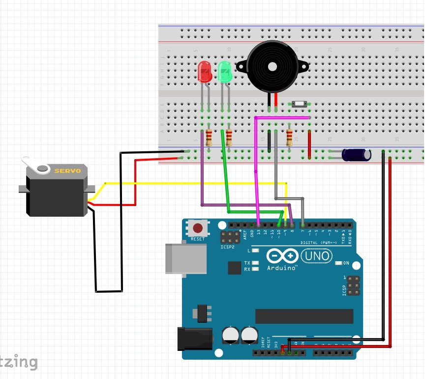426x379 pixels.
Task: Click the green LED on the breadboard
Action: (x=225, y=72)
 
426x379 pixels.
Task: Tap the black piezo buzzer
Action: (x=272, y=67)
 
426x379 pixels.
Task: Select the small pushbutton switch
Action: (x=299, y=104)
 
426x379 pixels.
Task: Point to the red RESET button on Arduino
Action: (x=198, y=229)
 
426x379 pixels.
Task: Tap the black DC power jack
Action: (x=195, y=339)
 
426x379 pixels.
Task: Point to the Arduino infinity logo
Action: (x=282, y=256)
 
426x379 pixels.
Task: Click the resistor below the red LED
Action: (x=209, y=138)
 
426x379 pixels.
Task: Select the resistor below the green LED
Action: (x=229, y=138)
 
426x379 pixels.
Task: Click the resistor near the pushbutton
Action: (x=289, y=137)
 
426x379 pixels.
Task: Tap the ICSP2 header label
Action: (x=228, y=247)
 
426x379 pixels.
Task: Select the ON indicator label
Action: (x=345, y=263)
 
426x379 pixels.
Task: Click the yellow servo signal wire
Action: (x=197, y=183)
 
